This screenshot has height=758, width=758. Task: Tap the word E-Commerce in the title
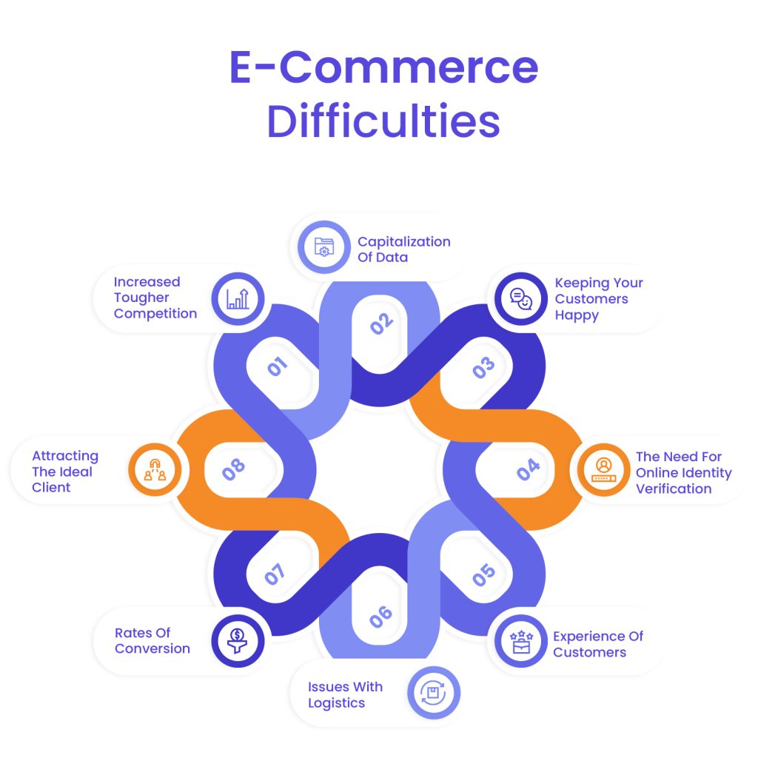pyautogui.click(x=383, y=67)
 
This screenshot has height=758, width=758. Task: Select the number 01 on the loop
pyautogui.click(x=277, y=366)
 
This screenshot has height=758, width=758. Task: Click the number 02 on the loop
pyautogui.click(x=381, y=323)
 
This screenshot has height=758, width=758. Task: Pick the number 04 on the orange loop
pyautogui.click(x=528, y=469)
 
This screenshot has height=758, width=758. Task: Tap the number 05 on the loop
pyautogui.click(x=484, y=575)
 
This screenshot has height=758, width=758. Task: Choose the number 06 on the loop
pyautogui.click(x=380, y=617)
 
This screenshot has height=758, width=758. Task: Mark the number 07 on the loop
pyautogui.click(x=275, y=575)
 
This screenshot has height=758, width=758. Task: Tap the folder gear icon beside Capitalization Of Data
pyautogui.click(x=324, y=247)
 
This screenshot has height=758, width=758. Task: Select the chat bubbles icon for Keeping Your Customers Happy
pyautogui.click(x=521, y=298)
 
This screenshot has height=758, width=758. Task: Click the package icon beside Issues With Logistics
pyautogui.click(x=433, y=693)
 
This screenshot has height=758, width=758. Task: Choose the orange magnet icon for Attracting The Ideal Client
pyautogui.click(x=155, y=470)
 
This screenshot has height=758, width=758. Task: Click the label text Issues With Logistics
pyautogui.click(x=345, y=694)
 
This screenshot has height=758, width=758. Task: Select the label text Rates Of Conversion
pyautogui.click(x=152, y=640)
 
